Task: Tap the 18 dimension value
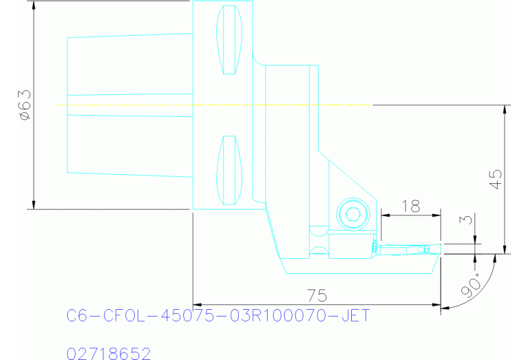[x=410, y=206]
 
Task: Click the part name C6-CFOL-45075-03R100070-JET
[x=218, y=316]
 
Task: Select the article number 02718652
[x=109, y=354]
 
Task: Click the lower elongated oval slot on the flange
[x=229, y=171]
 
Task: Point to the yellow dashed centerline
[x=207, y=105]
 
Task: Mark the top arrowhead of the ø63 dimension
[x=33, y=6]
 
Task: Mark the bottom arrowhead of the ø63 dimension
[x=33, y=204]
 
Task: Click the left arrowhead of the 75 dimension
[x=198, y=304]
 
